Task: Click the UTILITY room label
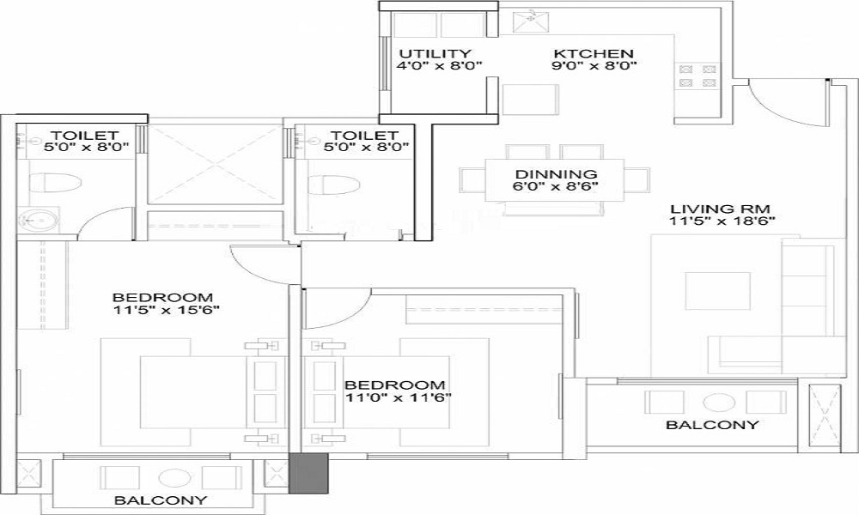pyautogui.click(x=434, y=52)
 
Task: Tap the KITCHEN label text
pyautogui.click(x=593, y=52)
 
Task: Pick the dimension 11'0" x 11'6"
pyautogui.click(x=397, y=397)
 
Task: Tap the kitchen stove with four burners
pyautogui.click(x=697, y=76)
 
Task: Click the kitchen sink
pyautogui.click(x=526, y=18)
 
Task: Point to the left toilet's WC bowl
pyautogui.click(x=53, y=183)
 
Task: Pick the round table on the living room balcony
pyautogui.click(x=714, y=402)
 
